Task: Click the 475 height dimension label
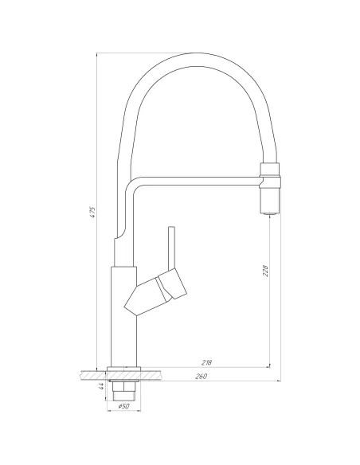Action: click(93, 212)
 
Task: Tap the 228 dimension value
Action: click(265, 271)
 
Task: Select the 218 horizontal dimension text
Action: click(207, 362)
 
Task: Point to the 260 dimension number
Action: click(201, 376)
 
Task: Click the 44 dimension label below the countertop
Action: click(101, 386)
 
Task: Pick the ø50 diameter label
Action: click(123, 406)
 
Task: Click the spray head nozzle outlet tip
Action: click(269, 213)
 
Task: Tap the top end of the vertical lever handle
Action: click(171, 228)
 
